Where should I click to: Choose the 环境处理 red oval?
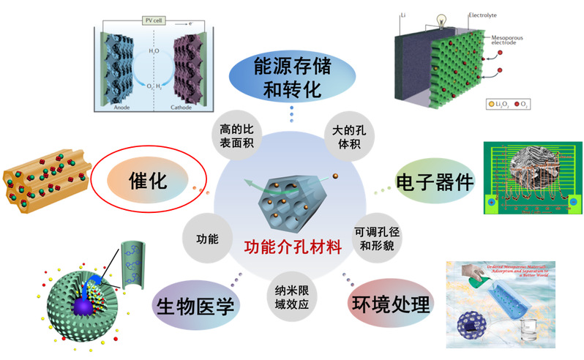(x=387, y=302)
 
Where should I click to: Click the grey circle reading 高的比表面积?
(x=236, y=135)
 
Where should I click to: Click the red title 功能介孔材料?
(x=292, y=247)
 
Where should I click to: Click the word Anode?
(x=119, y=105)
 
